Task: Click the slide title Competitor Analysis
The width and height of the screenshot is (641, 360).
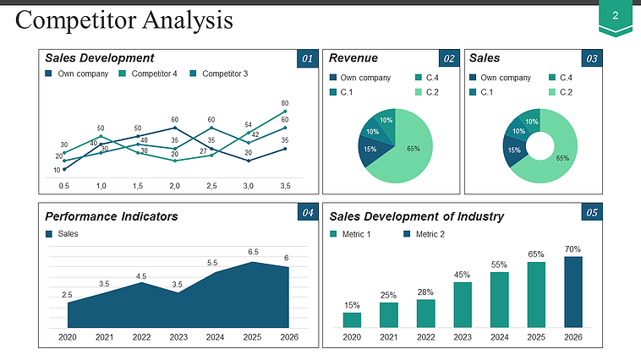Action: coord(124,21)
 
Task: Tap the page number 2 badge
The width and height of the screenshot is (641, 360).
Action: coord(615,16)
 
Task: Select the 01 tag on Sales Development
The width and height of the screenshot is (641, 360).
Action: coord(307,58)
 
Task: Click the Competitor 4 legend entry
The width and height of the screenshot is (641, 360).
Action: coord(149,74)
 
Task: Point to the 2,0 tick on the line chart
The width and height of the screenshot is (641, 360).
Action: coord(174,184)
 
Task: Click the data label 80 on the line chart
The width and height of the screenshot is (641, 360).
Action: coord(285,103)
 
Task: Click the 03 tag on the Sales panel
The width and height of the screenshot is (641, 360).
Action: coord(592,58)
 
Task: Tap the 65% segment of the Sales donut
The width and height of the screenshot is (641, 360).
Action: coord(562,157)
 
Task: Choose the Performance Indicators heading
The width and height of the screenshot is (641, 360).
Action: coord(112,216)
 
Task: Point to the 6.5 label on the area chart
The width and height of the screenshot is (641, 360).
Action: coord(253,252)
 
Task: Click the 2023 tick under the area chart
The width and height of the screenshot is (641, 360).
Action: coord(178,337)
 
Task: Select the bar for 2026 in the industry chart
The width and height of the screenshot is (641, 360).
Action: coord(573,292)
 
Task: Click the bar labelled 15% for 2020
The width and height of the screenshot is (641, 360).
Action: coord(352,319)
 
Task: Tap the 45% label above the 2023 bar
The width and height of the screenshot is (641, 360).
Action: coord(463,275)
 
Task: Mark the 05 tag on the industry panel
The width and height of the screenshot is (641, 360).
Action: coord(592,212)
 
